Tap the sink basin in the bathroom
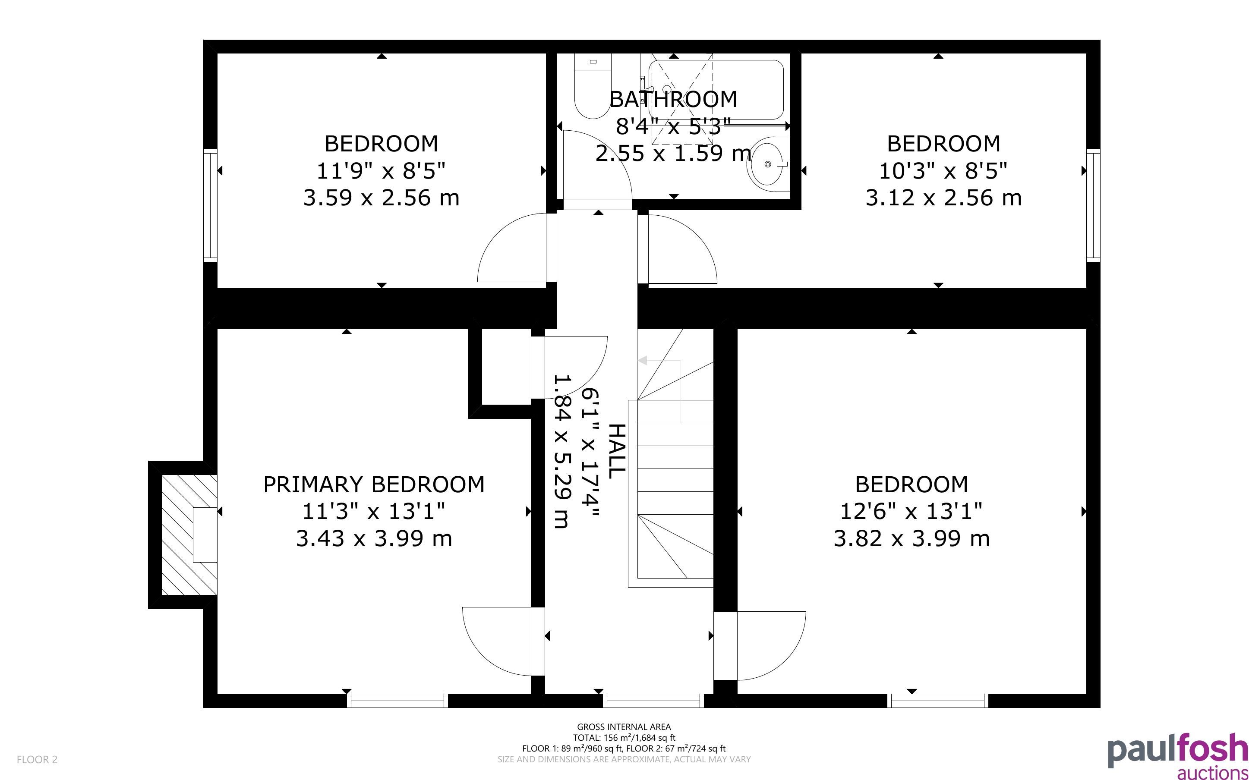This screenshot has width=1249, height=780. pos(768,164)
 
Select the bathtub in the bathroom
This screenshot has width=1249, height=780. pos(716,90)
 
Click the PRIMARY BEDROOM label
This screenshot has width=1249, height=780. pos(374,484)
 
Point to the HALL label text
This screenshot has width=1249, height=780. pos(617,451)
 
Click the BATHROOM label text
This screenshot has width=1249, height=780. pos(673,99)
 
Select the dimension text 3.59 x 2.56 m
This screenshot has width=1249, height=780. pos(381,198)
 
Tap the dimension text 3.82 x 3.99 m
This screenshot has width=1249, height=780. pos(912,538)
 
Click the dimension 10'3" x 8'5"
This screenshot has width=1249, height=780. pos(943,170)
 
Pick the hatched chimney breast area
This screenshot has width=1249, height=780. pos(189,535)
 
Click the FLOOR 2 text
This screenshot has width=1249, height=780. pos(37,759)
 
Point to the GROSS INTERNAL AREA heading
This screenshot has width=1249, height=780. pos(624,727)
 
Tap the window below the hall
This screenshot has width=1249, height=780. pos(653,701)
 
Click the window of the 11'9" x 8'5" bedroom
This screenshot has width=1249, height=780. pos(210,205)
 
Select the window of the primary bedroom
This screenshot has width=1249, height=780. pos(397,701)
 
